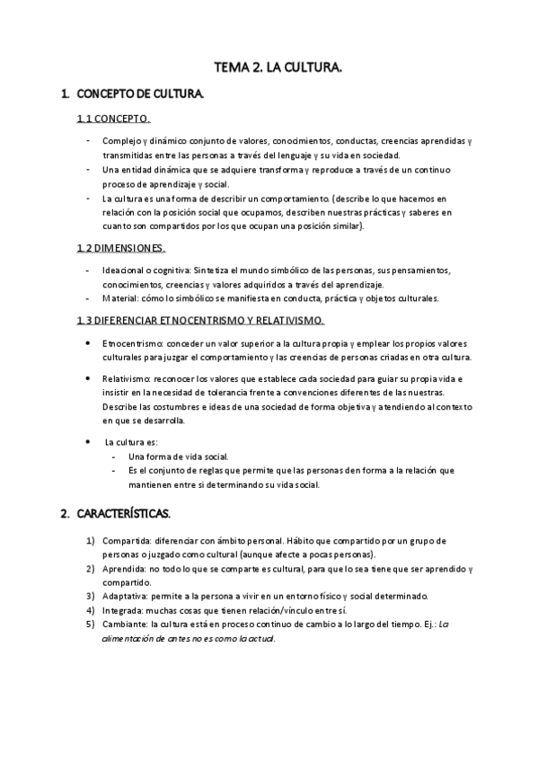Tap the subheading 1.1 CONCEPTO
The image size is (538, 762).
point(113,120)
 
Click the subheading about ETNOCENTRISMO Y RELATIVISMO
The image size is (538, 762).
point(201,321)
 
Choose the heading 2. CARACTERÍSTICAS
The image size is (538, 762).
point(122,515)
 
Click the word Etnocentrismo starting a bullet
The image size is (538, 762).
point(128,344)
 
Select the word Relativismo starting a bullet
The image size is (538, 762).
point(125,380)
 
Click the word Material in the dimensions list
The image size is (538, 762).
point(119,298)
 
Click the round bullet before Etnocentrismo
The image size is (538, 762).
point(86,344)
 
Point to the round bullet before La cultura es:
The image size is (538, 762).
point(86,442)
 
